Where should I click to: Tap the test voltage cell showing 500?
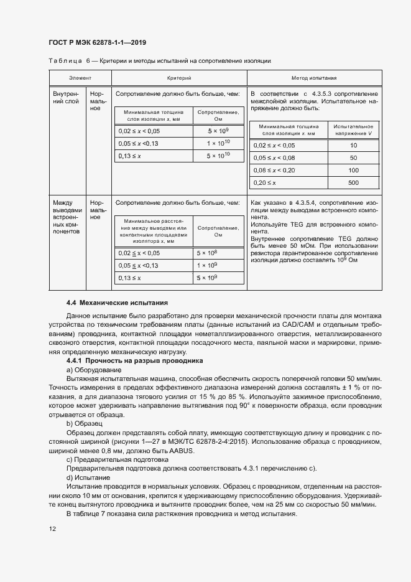pyautogui.click(x=354, y=183)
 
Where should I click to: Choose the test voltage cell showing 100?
pyautogui.click(x=354, y=170)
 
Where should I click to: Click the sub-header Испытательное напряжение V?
pyautogui.click(x=354, y=129)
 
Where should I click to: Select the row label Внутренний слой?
pyautogui.click(x=67, y=96)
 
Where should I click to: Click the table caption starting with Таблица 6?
pyautogui.click(x=159, y=60)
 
